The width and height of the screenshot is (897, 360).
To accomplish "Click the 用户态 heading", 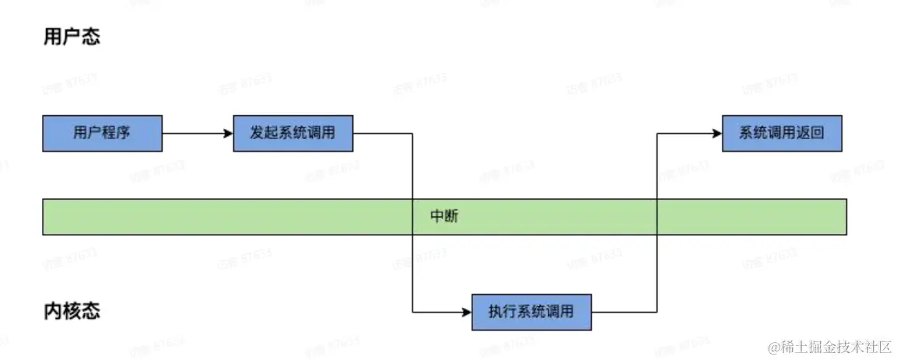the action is click(x=72, y=37).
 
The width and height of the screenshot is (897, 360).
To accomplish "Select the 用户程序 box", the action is click(x=102, y=133).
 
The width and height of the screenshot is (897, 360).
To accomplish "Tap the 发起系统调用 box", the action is click(x=293, y=133).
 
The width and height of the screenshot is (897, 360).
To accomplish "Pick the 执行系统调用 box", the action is click(x=531, y=312).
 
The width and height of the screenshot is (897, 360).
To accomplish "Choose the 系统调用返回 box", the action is click(x=781, y=133).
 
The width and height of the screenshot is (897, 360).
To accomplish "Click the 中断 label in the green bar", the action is click(x=444, y=216).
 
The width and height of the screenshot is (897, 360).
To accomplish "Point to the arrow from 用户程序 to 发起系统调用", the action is click(x=194, y=133).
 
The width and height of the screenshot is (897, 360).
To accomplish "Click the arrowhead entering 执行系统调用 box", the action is click(x=467, y=312).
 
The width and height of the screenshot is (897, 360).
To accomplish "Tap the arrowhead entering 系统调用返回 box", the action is click(x=717, y=133).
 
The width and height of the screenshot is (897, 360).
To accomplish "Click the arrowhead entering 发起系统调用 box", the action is click(x=229, y=133).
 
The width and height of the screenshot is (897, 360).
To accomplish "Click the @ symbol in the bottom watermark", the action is click(x=773, y=347).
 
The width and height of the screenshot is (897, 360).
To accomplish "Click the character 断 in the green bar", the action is click(x=451, y=216).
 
